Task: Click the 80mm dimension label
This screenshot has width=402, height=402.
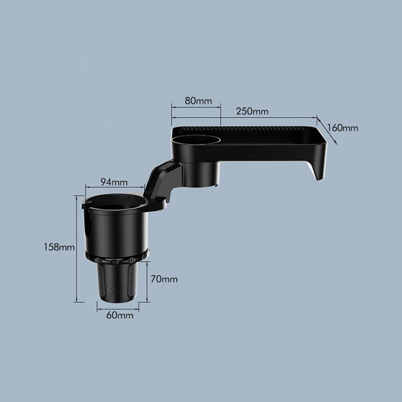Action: tap(198, 101)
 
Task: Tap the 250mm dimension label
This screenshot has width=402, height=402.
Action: tap(252, 111)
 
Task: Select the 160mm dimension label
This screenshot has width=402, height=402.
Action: tap(342, 128)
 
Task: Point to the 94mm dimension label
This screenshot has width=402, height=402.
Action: tap(114, 182)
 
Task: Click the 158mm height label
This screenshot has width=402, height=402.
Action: tap(59, 247)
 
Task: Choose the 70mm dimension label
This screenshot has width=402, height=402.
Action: tap(164, 279)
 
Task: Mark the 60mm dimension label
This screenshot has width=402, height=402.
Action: tap(119, 315)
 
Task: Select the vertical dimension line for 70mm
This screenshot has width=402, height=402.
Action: tap(148, 281)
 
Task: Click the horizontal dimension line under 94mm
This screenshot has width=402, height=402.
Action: tap(115, 187)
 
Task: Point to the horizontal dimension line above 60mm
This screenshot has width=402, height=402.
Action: tap(118, 310)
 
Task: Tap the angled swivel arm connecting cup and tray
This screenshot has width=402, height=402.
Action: tap(161, 181)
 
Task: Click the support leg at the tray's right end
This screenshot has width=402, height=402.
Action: tap(318, 169)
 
